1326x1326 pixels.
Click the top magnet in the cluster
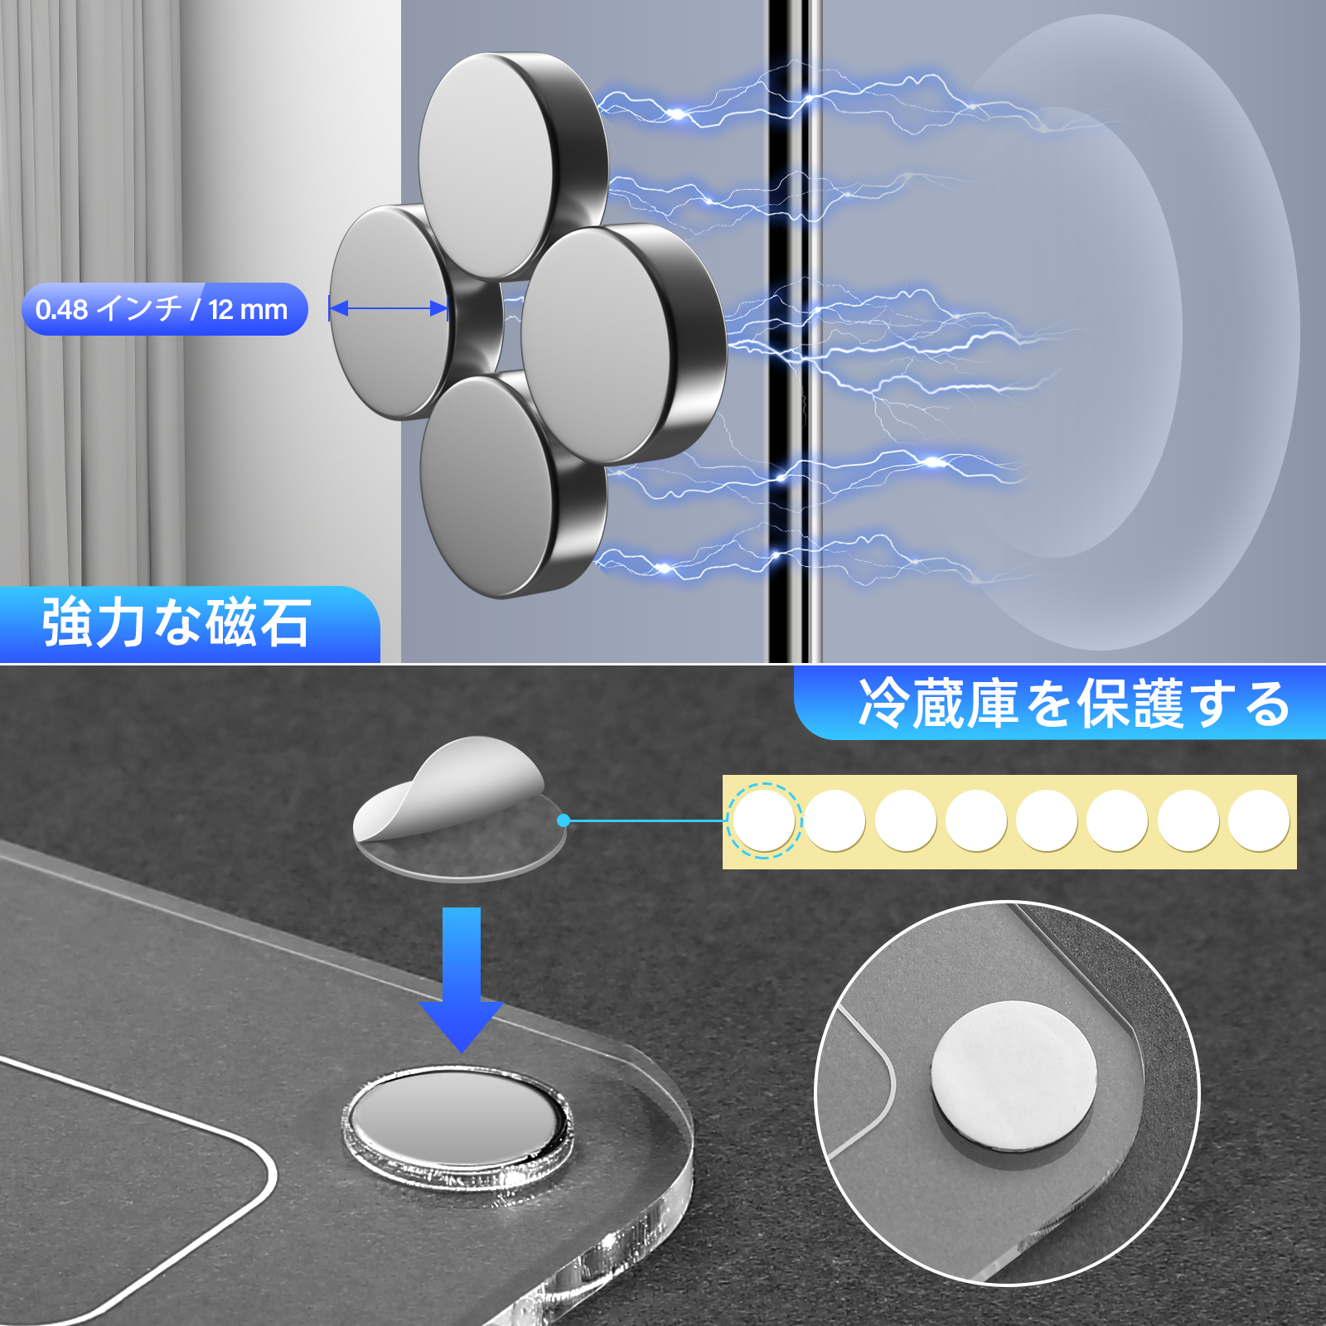(489, 166)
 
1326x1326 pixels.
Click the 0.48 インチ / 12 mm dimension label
(164, 309)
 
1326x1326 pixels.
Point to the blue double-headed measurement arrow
(389, 309)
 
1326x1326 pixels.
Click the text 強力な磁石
(177, 623)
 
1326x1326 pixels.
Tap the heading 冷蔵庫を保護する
(1073, 704)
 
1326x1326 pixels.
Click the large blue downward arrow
(462, 978)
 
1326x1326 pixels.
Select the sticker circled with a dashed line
(763, 820)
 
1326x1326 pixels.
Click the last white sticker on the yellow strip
(1258, 820)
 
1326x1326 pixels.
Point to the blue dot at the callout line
(564, 820)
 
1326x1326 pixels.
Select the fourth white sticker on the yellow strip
(975, 820)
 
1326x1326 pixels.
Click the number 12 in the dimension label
(220, 310)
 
